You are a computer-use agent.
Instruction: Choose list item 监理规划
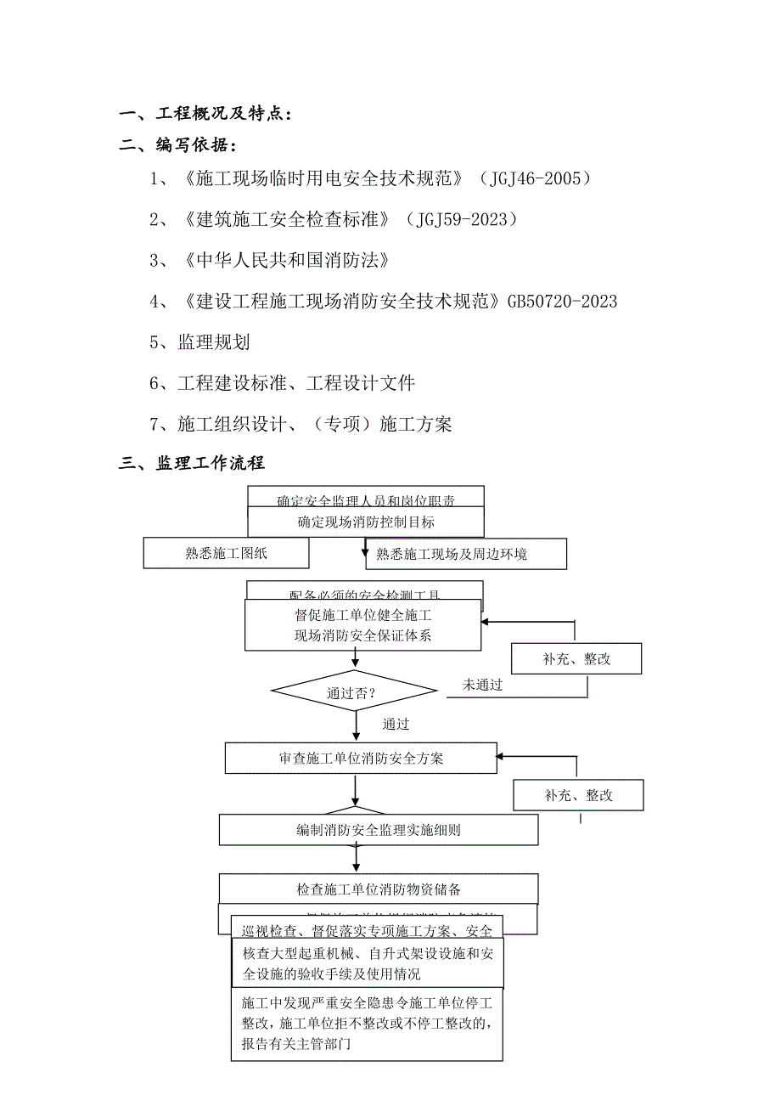click(213, 341)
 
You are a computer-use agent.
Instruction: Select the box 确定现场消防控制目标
click(366, 522)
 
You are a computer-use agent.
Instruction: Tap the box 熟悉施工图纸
click(226, 554)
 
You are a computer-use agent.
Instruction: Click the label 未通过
click(483, 685)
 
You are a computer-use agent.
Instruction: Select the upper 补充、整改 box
click(576, 659)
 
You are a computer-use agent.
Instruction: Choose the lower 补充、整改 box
click(578, 796)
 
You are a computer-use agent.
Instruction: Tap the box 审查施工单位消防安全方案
click(361, 759)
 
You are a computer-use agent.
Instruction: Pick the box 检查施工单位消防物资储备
click(379, 889)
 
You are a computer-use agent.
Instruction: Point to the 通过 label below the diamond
click(396, 725)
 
